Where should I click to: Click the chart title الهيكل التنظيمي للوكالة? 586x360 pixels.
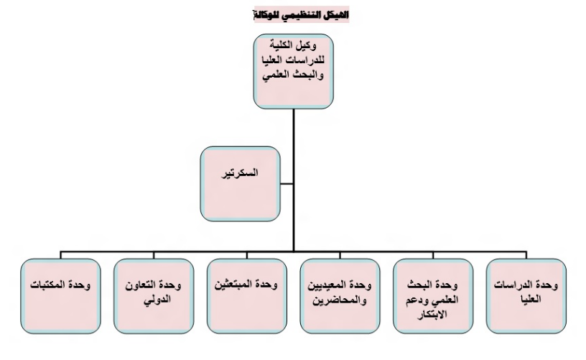click(x=301, y=14)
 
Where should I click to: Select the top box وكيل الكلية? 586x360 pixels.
click(x=294, y=71)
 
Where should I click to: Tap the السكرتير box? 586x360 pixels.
click(x=241, y=183)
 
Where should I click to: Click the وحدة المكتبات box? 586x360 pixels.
click(x=60, y=296)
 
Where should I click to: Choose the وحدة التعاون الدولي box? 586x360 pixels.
click(x=154, y=296)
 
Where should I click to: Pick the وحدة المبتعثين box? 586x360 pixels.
click(x=247, y=296)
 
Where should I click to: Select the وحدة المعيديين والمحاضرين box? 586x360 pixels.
click(x=340, y=296)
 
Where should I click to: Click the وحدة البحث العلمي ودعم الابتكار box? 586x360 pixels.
click(x=433, y=296)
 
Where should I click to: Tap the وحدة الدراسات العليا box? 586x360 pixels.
click(x=526, y=296)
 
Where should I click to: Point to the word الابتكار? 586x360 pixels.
click(x=432, y=315)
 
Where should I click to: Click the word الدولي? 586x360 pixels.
click(x=157, y=300)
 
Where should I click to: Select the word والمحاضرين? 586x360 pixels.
click(x=340, y=300)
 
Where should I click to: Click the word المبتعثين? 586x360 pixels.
click(x=232, y=285)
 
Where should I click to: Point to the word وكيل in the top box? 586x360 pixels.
click(x=306, y=45)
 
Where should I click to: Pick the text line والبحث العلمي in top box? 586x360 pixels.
click(x=293, y=75)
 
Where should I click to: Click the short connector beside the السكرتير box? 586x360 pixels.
click(x=287, y=183)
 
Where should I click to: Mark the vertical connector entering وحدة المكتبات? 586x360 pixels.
click(x=60, y=255)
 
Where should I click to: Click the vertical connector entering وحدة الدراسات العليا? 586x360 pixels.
click(x=526, y=255)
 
